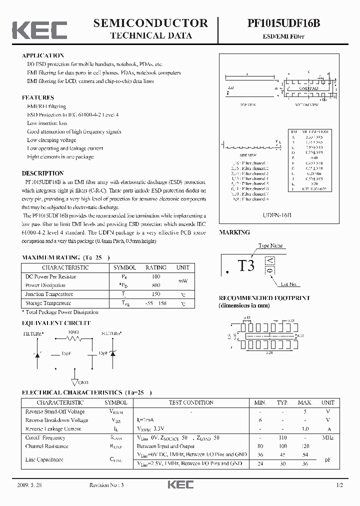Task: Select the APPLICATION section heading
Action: pos(43,55)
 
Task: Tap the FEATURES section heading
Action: pos(38,97)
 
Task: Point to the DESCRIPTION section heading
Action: pos(43,173)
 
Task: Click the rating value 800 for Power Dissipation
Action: pos(155,285)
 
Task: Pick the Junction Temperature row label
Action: pos(49,294)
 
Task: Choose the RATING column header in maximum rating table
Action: pos(155,267)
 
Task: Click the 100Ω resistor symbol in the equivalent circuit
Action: pos(74,339)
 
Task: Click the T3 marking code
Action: pos(246,265)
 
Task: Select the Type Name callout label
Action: pos(270,245)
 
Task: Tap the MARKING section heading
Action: pos(234,232)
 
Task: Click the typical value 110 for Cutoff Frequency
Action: pos(283,437)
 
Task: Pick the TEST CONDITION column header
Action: pos(191,402)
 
